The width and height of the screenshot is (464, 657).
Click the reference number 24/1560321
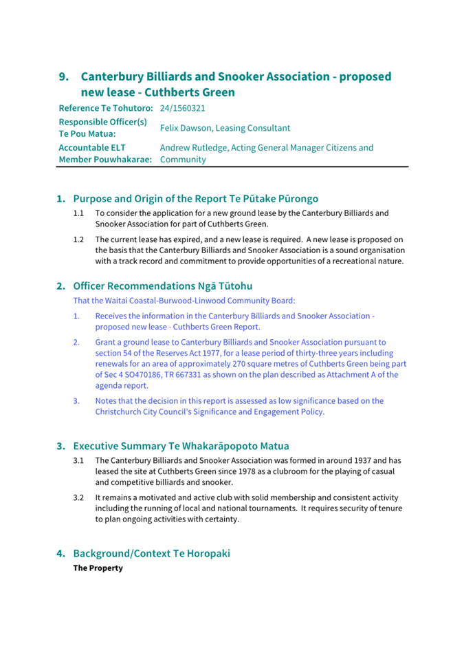183,109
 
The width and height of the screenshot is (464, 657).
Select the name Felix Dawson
187,128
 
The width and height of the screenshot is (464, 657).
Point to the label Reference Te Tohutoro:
107,109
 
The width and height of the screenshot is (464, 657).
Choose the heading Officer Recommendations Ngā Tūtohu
162,286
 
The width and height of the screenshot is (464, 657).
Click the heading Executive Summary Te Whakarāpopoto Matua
181,446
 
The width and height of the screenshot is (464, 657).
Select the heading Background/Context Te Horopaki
151,553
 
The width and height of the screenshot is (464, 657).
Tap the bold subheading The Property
98,568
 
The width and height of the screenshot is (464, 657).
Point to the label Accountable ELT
92,147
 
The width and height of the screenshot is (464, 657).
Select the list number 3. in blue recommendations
77,400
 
